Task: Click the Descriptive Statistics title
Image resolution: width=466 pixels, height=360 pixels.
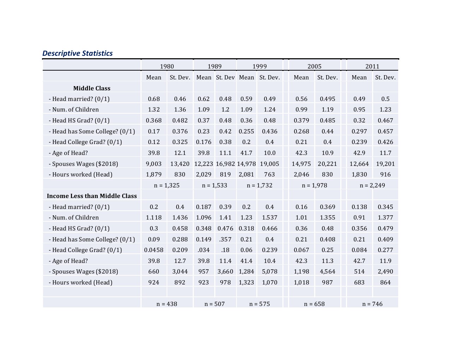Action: click(77, 53)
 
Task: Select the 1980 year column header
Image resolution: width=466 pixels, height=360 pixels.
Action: click(167, 66)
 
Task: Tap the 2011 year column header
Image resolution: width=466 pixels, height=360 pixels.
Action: click(372, 66)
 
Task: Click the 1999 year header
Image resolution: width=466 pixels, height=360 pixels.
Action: click(259, 66)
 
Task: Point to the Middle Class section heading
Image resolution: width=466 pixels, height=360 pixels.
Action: click(92, 88)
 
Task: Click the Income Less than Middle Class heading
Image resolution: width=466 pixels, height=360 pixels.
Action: click(92, 196)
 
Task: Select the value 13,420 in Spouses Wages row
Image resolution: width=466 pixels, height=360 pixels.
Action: click(180, 164)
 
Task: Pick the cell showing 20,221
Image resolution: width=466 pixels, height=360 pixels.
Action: click(327, 164)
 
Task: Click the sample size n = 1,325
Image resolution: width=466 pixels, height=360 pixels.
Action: click(167, 185)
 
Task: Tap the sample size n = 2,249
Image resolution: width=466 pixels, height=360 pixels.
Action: click(372, 185)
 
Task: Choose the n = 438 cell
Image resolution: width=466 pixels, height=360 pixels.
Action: click(167, 304)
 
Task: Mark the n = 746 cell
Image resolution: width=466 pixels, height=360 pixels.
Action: click(372, 304)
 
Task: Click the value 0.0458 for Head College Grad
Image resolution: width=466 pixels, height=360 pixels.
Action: click(154, 250)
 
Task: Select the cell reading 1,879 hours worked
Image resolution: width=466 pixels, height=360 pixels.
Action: click(154, 174)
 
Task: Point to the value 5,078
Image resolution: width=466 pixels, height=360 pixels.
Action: click(269, 271)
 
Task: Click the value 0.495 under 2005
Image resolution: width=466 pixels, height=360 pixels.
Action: click(327, 99)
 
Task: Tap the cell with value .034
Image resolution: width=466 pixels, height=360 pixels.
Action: click(204, 250)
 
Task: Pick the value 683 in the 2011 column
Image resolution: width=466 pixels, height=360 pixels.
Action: click(359, 282)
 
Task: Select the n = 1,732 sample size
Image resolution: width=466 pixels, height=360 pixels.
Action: click(259, 185)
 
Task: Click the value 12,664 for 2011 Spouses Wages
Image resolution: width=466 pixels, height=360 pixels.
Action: click(359, 164)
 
